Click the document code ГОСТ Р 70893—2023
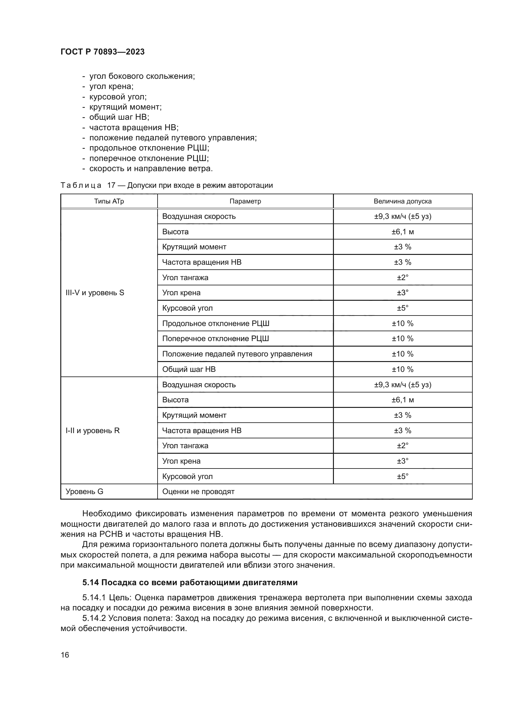(102, 52)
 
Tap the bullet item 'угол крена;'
(111, 86)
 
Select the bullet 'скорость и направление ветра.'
(151, 168)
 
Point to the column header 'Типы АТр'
(109, 201)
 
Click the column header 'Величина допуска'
(403, 201)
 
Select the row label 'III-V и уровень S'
(95, 292)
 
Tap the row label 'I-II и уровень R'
(92, 431)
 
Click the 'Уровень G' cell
(84, 491)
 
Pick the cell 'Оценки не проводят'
(198, 491)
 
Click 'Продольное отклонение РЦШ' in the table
(216, 323)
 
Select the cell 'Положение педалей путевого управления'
(237, 354)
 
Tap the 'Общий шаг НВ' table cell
(189, 369)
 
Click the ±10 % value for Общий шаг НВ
(403, 369)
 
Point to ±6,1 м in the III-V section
(403, 232)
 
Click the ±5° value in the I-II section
(403, 476)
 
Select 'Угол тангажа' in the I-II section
(185, 446)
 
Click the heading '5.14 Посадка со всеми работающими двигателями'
(190, 582)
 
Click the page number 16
(65, 655)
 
